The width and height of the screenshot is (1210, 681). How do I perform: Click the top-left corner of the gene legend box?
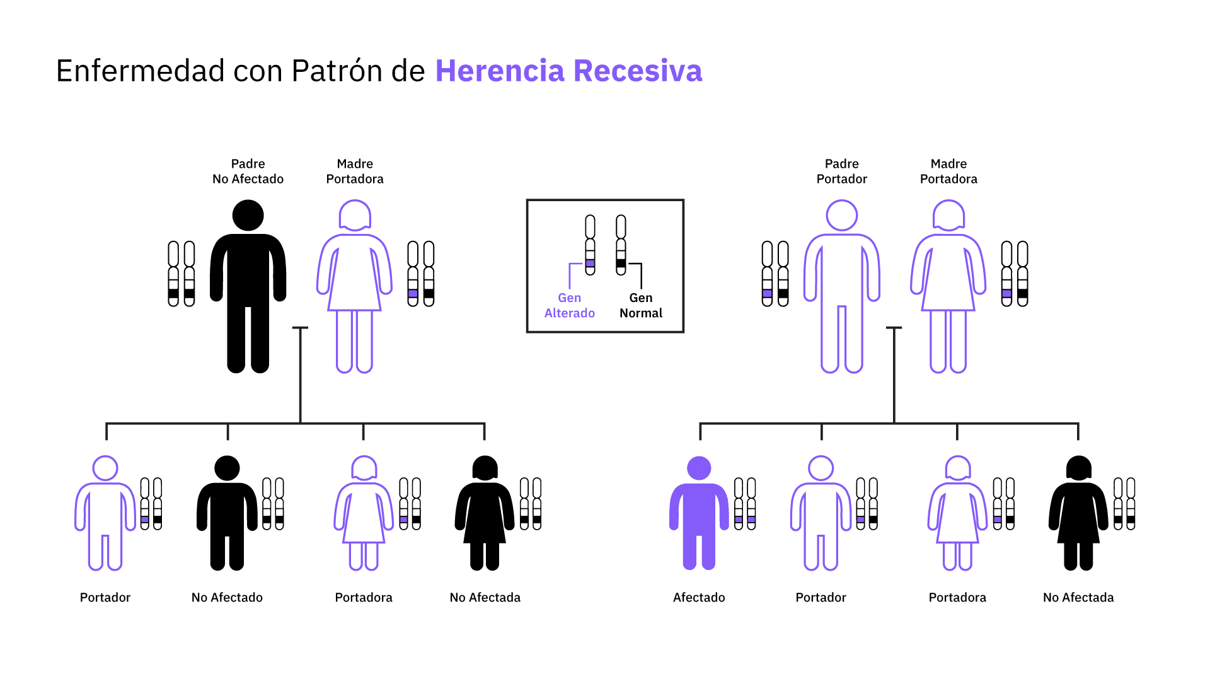[x=527, y=201]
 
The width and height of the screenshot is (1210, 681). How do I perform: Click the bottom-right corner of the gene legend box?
[x=683, y=332]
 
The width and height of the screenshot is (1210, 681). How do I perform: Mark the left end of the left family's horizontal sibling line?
[x=107, y=423]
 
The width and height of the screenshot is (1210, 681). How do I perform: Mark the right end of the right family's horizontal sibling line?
[x=1078, y=423]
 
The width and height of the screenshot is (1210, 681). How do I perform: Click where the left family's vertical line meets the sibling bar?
[x=300, y=423]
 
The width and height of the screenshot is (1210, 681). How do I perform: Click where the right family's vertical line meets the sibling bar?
[x=894, y=423]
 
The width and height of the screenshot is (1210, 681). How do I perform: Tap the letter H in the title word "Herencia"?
[x=446, y=71]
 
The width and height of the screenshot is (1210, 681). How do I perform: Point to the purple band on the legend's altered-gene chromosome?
[x=590, y=263]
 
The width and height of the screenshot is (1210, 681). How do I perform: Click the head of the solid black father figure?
[x=248, y=216]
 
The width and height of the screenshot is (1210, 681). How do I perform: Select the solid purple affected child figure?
[x=699, y=513]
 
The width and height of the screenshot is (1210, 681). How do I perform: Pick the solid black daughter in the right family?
[x=1078, y=513]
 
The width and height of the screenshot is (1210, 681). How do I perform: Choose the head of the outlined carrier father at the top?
[x=842, y=216]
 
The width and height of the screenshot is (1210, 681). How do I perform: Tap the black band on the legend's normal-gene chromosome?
[x=621, y=263]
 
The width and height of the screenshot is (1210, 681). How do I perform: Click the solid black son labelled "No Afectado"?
[x=227, y=513]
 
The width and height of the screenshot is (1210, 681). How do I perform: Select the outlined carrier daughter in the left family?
[x=364, y=513]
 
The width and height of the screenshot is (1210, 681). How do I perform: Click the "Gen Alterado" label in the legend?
[x=570, y=305]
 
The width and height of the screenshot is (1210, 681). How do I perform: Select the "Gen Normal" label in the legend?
[x=641, y=305]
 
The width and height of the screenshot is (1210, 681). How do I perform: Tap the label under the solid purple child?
[x=699, y=597]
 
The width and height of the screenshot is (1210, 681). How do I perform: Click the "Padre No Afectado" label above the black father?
[x=248, y=171]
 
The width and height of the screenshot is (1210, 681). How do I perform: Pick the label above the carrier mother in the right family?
[x=948, y=171]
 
